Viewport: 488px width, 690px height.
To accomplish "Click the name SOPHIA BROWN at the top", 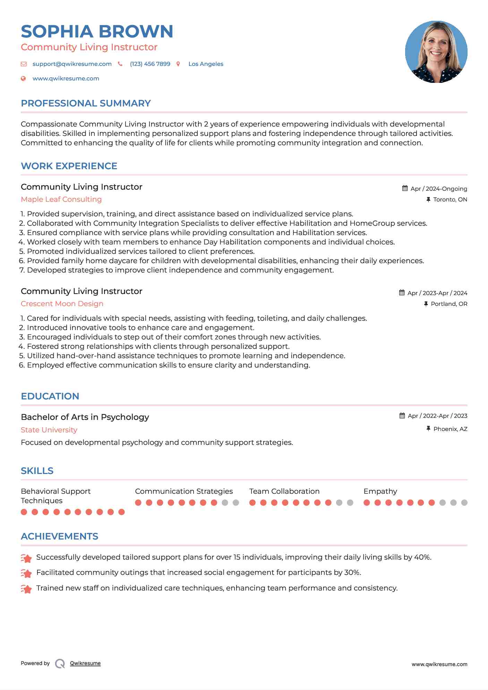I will point(97,32).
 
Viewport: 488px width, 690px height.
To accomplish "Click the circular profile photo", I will point(436,52).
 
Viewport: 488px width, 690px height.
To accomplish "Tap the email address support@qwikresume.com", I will point(72,64).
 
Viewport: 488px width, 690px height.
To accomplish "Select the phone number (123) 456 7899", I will point(150,64).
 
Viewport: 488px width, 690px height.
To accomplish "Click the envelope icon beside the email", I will point(24,64).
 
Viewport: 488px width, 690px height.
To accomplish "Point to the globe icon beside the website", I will point(23,79).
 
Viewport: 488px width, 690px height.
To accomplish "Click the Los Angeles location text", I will point(206,64).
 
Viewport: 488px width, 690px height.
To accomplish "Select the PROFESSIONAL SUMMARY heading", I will point(86,103).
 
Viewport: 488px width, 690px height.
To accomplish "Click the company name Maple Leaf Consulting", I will point(61,199).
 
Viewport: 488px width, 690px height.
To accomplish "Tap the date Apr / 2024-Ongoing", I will point(438,189).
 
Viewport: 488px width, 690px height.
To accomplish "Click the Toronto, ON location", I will point(450,200).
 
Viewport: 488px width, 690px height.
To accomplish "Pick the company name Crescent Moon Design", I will point(62,304).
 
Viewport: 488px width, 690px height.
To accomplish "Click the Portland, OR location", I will point(449,304).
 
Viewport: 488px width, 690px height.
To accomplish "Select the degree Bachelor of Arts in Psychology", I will point(85,417).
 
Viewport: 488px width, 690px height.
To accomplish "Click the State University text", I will point(49,430).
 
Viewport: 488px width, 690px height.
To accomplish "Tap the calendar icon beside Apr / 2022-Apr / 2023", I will point(402,416).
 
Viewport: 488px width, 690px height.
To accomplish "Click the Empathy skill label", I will point(380,491).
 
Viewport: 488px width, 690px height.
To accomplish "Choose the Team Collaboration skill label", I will point(284,491).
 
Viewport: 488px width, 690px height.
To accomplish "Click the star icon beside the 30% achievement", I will point(26,573).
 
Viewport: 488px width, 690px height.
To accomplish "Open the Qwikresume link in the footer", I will point(85,663).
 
